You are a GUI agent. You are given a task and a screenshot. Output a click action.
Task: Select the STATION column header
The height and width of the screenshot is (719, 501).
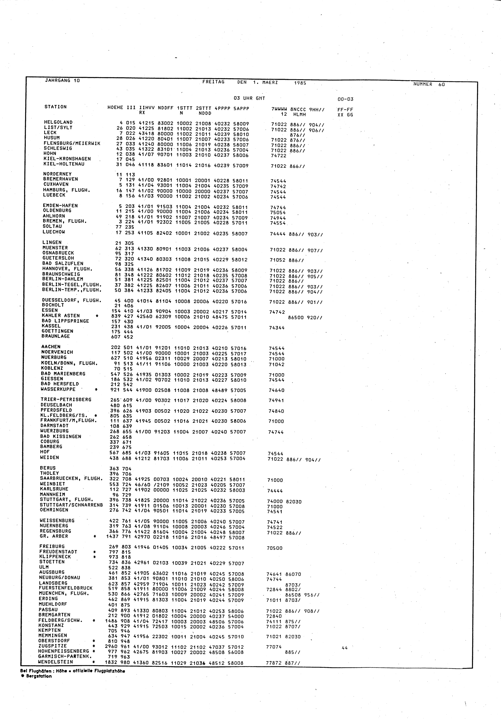(x=56, y=107)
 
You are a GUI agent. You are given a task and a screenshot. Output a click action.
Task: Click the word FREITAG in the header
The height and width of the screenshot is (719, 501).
(x=213, y=82)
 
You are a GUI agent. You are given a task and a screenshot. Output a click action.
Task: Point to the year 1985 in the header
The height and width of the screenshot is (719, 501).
(x=300, y=83)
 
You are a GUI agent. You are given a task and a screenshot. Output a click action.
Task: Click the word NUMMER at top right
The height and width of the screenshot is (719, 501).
(x=423, y=84)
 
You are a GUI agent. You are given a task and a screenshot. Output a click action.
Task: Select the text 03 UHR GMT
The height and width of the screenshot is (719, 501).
(x=249, y=98)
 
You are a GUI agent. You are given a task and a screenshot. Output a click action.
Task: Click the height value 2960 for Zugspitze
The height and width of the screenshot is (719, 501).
(x=111, y=647)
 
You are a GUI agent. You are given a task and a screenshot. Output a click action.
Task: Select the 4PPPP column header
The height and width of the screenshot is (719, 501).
(x=222, y=109)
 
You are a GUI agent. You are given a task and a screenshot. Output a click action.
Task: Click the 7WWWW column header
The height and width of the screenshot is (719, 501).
(x=279, y=110)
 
